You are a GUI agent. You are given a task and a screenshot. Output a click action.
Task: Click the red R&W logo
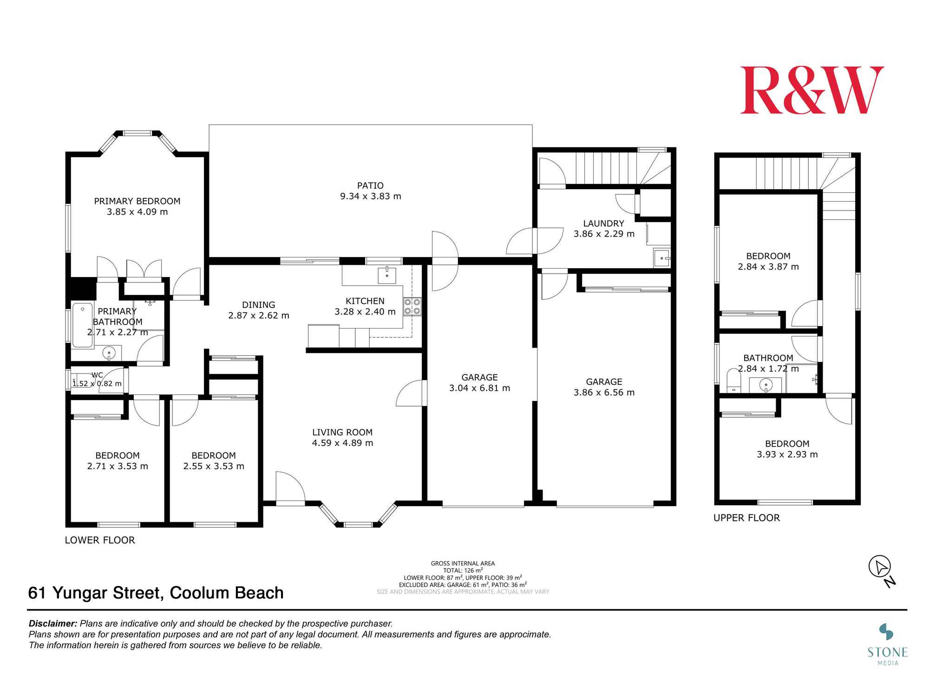click(812, 90)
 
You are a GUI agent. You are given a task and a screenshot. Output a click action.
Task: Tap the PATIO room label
click(370, 185)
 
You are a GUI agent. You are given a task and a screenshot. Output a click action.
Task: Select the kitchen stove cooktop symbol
click(412, 307)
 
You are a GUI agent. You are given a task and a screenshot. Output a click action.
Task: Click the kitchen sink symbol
click(387, 275)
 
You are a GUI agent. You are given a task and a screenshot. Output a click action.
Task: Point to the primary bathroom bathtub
click(83, 325)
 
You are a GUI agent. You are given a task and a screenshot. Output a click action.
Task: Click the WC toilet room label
click(97, 375)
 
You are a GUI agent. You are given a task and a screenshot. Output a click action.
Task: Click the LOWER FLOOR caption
click(100, 540)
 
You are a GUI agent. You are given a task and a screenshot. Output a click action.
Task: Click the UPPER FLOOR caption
click(746, 518)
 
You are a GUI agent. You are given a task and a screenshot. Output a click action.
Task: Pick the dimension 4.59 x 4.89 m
click(342, 443)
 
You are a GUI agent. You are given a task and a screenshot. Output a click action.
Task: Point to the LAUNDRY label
click(603, 223)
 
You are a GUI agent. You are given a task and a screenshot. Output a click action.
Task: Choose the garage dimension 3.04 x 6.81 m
click(479, 388)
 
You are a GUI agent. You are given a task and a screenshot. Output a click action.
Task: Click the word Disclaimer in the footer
click(53, 624)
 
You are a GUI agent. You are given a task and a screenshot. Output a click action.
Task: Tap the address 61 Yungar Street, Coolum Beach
click(156, 593)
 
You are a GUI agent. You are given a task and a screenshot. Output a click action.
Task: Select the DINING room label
click(258, 305)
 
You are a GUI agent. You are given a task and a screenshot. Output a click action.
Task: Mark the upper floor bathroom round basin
click(765, 385)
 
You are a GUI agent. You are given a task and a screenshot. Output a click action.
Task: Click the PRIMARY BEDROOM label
click(137, 201)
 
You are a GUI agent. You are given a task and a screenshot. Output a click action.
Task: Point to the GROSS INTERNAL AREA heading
click(463, 563)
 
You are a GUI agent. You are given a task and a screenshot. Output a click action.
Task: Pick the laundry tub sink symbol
click(661, 257)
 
